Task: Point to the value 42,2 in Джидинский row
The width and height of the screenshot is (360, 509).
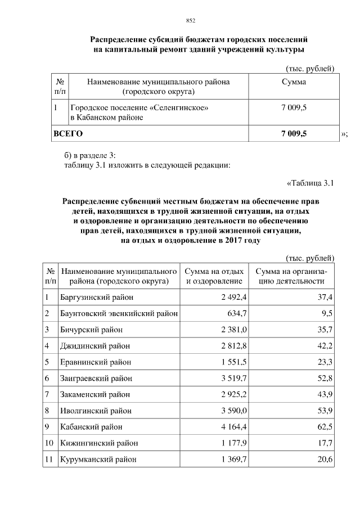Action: [325, 345]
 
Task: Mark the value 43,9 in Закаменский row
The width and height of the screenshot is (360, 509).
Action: [325, 394]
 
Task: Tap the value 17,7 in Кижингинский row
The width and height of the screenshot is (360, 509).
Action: [325, 443]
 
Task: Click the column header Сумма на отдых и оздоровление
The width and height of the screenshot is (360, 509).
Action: [214, 276]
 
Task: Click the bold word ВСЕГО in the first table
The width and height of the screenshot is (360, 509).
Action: [67, 133]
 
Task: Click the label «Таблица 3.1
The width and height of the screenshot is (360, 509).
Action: [310, 183]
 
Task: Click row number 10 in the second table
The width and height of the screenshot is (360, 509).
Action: [49, 443]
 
